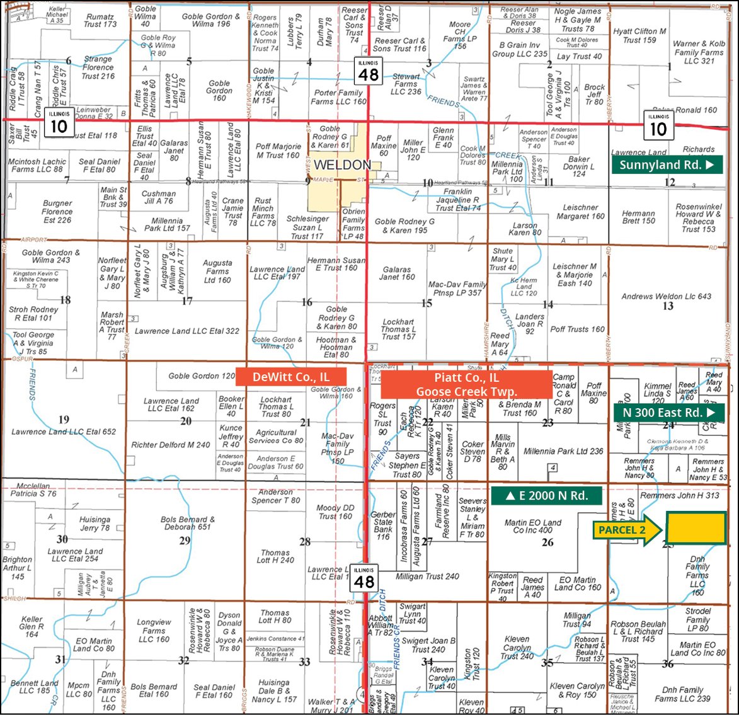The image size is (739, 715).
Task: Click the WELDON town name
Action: point(342,165)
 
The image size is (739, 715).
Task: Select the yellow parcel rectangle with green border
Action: point(696,527)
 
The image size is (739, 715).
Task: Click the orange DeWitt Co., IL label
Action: point(291,377)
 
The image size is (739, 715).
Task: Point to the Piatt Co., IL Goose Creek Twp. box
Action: point(467,384)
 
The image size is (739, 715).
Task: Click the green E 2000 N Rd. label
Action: point(546,495)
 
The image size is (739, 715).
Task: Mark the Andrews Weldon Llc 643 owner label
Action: point(667,296)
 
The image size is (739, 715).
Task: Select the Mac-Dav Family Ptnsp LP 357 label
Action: point(457,289)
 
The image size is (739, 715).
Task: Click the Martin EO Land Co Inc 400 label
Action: point(532,527)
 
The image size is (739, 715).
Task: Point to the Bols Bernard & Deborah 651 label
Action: point(187,523)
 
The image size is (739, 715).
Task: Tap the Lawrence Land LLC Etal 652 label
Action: point(64,432)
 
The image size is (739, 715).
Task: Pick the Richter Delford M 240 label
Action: point(171,445)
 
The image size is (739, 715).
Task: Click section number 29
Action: point(185,541)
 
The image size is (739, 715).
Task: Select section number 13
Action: point(668,306)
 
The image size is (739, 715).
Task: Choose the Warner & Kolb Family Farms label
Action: point(699,52)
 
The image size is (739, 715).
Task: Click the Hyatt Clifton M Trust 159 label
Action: point(639,35)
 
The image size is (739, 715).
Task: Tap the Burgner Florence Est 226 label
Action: point(57,212)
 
